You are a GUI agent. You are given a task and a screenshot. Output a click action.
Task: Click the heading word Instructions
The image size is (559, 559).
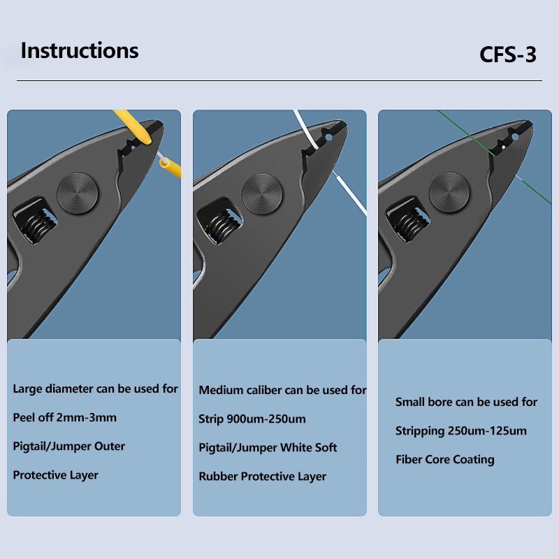click(x=80, y=50)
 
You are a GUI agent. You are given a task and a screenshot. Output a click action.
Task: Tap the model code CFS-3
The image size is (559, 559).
click(x=508, y=55)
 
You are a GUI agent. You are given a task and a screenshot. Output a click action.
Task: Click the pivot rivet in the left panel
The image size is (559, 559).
click(x=78, y=194)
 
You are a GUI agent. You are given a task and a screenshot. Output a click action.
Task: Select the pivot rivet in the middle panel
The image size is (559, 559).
click(x=262, y=194)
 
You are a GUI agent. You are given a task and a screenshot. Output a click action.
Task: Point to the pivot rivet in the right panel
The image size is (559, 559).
click(x=449, y=193)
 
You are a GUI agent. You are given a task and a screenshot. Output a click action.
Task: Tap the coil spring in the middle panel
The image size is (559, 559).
click(x=224, y=226)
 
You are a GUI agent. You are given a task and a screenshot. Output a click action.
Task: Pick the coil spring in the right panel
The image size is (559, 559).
click(x=411, y=224)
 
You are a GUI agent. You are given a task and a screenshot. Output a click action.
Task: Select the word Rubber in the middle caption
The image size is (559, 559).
click(x=218, y=477)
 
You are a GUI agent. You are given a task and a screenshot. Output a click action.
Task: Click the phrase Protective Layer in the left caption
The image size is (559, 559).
click(x=56, y=475)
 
